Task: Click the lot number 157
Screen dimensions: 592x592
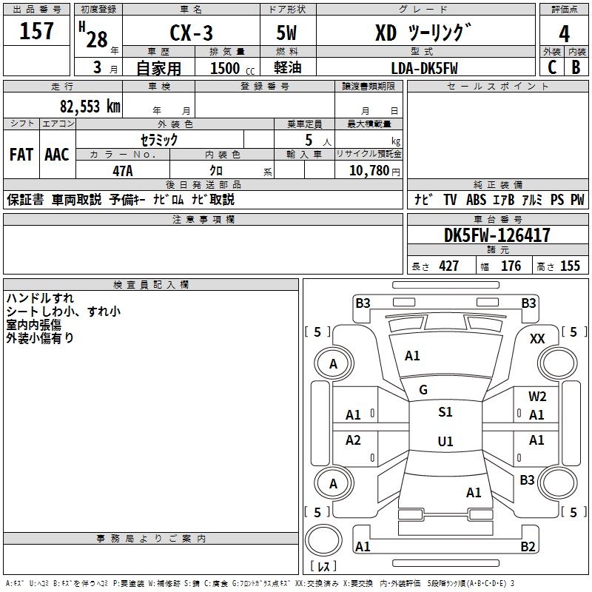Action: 36,32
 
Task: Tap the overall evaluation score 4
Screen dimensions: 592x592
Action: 565,33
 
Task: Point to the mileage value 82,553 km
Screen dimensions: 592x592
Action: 90,107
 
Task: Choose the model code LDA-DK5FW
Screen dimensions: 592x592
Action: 425,68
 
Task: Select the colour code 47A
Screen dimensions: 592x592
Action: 123,170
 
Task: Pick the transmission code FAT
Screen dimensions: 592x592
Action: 21,155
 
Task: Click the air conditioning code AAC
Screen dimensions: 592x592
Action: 56,155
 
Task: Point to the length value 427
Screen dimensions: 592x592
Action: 448,266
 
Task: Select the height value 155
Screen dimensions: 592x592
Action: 570,266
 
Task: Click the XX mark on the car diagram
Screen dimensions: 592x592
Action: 538,338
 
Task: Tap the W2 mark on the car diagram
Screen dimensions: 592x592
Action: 537,397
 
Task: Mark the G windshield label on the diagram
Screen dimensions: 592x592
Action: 423,390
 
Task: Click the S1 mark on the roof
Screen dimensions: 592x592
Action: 445,412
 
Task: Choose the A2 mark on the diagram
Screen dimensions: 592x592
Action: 354,440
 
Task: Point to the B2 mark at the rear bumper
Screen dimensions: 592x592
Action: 528,547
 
